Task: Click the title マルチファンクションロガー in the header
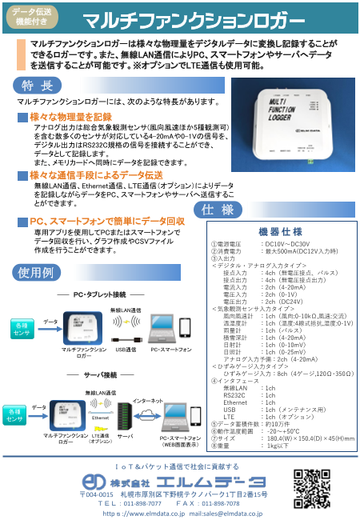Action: [x=193, y=19]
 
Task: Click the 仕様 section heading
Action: [x=217, y=210]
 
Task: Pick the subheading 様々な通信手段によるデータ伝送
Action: [x=95, y=174]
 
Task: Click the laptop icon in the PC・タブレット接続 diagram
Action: [x=158, y=330]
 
